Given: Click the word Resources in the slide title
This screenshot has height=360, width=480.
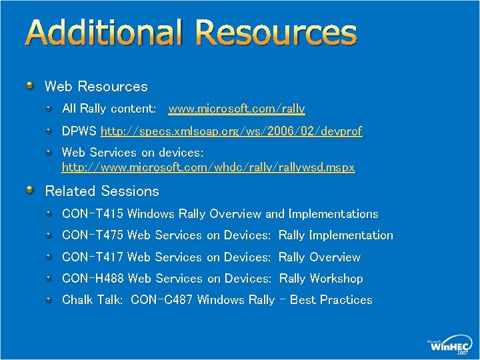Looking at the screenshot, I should tap(277, 33).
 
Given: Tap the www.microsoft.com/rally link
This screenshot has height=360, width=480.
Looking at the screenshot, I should tap(237, 109).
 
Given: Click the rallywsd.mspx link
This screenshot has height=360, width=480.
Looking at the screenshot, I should tap(208, 167).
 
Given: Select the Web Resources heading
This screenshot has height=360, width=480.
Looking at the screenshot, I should tap(96, 87).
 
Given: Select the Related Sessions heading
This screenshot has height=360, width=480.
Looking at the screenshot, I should tap(102, 191).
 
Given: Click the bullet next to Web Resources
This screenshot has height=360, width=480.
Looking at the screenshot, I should tap(30, 86).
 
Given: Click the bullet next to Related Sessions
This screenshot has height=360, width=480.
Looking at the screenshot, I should tap(30, 191).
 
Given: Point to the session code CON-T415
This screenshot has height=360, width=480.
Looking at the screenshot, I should tap(93, 214).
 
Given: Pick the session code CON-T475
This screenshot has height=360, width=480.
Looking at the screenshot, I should tap(93, 235).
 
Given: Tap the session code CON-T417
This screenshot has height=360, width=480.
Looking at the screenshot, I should tap(93, 257).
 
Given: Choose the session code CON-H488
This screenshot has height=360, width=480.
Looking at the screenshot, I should tap(93, 279).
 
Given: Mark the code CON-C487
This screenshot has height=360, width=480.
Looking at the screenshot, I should tap(162, 300).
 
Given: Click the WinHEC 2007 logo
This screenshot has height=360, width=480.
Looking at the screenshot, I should tap(449, 345).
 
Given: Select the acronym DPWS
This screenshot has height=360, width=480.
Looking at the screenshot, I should tap(79, 131).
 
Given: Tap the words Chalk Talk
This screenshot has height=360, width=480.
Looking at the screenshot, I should tap(92, 300).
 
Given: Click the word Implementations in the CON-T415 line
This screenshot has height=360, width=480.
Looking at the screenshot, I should tap(333, 214).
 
